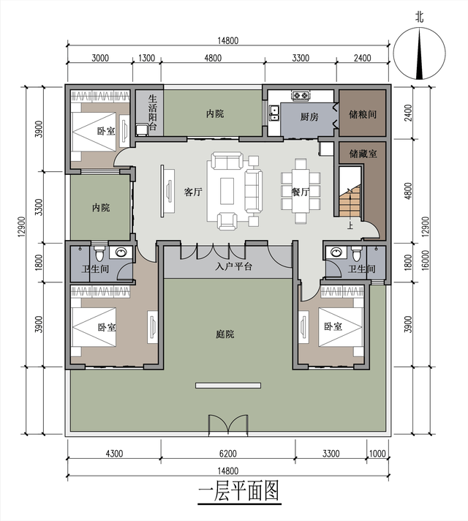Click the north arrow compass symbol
coord(420,54)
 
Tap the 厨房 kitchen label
coord(309,116)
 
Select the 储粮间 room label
coord(363,115)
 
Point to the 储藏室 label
coord(363,154)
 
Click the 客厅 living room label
coord(193,192)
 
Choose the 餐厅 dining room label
coord(301,192)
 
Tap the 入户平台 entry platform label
coord(233,266)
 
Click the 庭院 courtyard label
coord(225,334)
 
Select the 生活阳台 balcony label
coord(152,113)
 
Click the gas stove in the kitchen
coord(301,95)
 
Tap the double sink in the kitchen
coord(274,113)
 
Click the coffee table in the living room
coord(227,191)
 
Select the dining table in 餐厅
coord(301,192)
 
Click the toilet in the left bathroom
coord(99,253)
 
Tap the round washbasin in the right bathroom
coord(336,252)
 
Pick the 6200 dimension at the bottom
coord(228,453)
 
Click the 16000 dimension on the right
coord(426,260)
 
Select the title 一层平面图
coord(238,491)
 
